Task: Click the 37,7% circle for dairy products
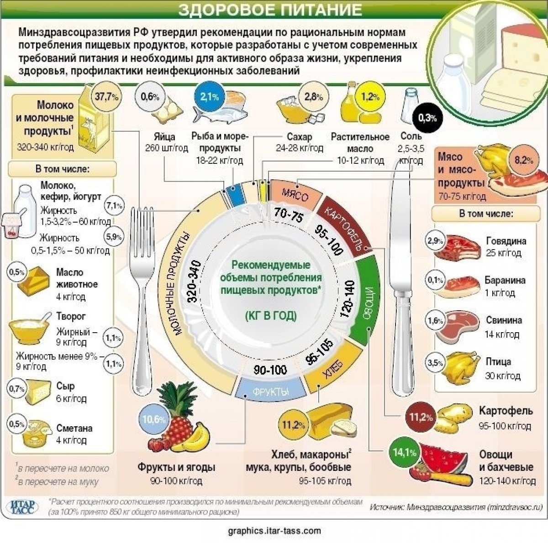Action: click(107, 96)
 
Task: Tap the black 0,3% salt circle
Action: click(427, 118)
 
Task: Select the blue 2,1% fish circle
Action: click(209, 97)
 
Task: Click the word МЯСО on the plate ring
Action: click(295, 194)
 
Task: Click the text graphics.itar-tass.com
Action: click(274, 530)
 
